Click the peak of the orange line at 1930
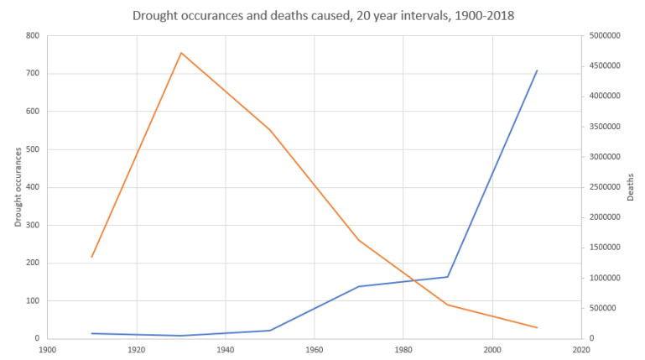[x=181, y=53]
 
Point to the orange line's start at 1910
[x=92, y=257]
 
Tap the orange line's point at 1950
[x=270, y=130]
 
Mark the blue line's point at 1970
[x=359, y=286]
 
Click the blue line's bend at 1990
[x=448, y=277]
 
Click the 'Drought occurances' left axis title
[x=18, y=186]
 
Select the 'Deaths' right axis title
[x=630, y=187]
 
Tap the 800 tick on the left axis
[x=32, y=36]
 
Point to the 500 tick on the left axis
[x=32, y=149]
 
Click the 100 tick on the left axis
[x=32, y=300]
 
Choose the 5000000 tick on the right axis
[x=605, y=36]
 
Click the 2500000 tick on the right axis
[x=605, y=187]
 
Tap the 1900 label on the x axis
[x=48, y=350]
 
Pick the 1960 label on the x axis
[x=315, y=350]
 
